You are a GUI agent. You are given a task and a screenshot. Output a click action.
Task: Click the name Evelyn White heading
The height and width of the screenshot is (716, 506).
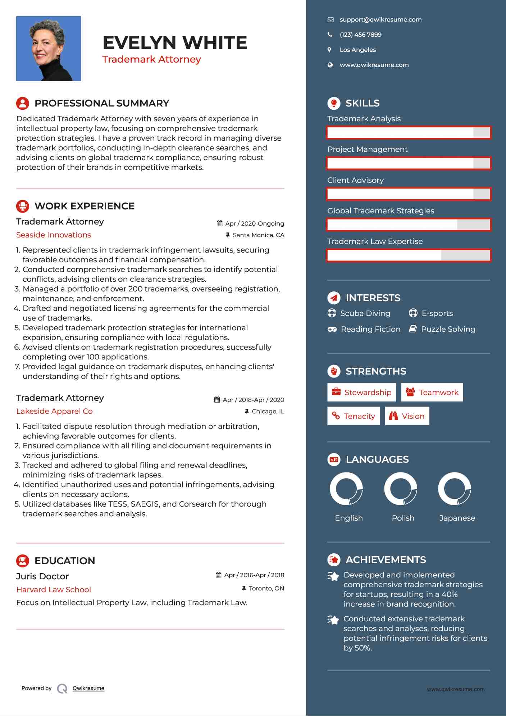[x=175, y=43]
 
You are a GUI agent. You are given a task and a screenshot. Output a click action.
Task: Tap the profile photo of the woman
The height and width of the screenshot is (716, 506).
[x=49, y=49]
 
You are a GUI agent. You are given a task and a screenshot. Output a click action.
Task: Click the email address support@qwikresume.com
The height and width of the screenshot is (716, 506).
[x=380, y=20]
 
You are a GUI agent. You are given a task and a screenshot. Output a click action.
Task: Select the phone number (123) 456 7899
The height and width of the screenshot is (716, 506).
[x=360, y=35]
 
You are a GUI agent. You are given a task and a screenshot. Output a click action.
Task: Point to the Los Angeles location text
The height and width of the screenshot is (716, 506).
[x=357, y=50]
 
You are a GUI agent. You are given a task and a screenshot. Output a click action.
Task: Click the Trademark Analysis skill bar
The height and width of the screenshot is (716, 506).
[x=409, y=132]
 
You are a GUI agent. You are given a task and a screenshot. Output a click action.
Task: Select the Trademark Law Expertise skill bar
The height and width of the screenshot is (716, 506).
[x=409, y=255]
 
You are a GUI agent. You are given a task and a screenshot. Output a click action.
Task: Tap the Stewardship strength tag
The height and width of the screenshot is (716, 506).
[x=361, y=393]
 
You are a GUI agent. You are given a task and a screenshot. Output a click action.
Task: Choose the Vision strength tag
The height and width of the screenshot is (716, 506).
[x=407, y=416]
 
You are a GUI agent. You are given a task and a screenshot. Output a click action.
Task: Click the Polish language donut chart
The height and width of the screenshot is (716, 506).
[x=401, y=489]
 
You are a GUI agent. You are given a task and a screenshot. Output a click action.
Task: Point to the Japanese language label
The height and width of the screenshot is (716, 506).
[x=457, y=518]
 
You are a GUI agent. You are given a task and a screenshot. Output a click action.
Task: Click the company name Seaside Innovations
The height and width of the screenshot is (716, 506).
[x=54, y=235]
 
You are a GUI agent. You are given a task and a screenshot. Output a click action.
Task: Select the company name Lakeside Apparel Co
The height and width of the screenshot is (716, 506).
[x=54, y=411]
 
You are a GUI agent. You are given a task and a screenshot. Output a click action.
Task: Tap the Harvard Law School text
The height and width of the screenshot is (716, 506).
[x=54, y=590]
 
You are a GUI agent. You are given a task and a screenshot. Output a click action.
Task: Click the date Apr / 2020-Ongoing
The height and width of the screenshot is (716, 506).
[x=254, y=224]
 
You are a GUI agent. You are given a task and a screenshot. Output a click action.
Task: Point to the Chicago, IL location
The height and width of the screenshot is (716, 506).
[x=268, y=412]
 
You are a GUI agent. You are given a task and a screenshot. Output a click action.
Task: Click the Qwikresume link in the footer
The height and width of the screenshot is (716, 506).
[x=88, y=688]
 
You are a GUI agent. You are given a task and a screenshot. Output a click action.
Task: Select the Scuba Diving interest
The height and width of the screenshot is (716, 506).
[x=365, y=313]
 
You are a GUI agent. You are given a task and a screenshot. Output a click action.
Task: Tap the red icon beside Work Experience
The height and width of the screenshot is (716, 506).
[x=23, y=206]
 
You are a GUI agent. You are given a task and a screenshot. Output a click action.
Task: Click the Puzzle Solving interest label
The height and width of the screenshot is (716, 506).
[x=448, y=329]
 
